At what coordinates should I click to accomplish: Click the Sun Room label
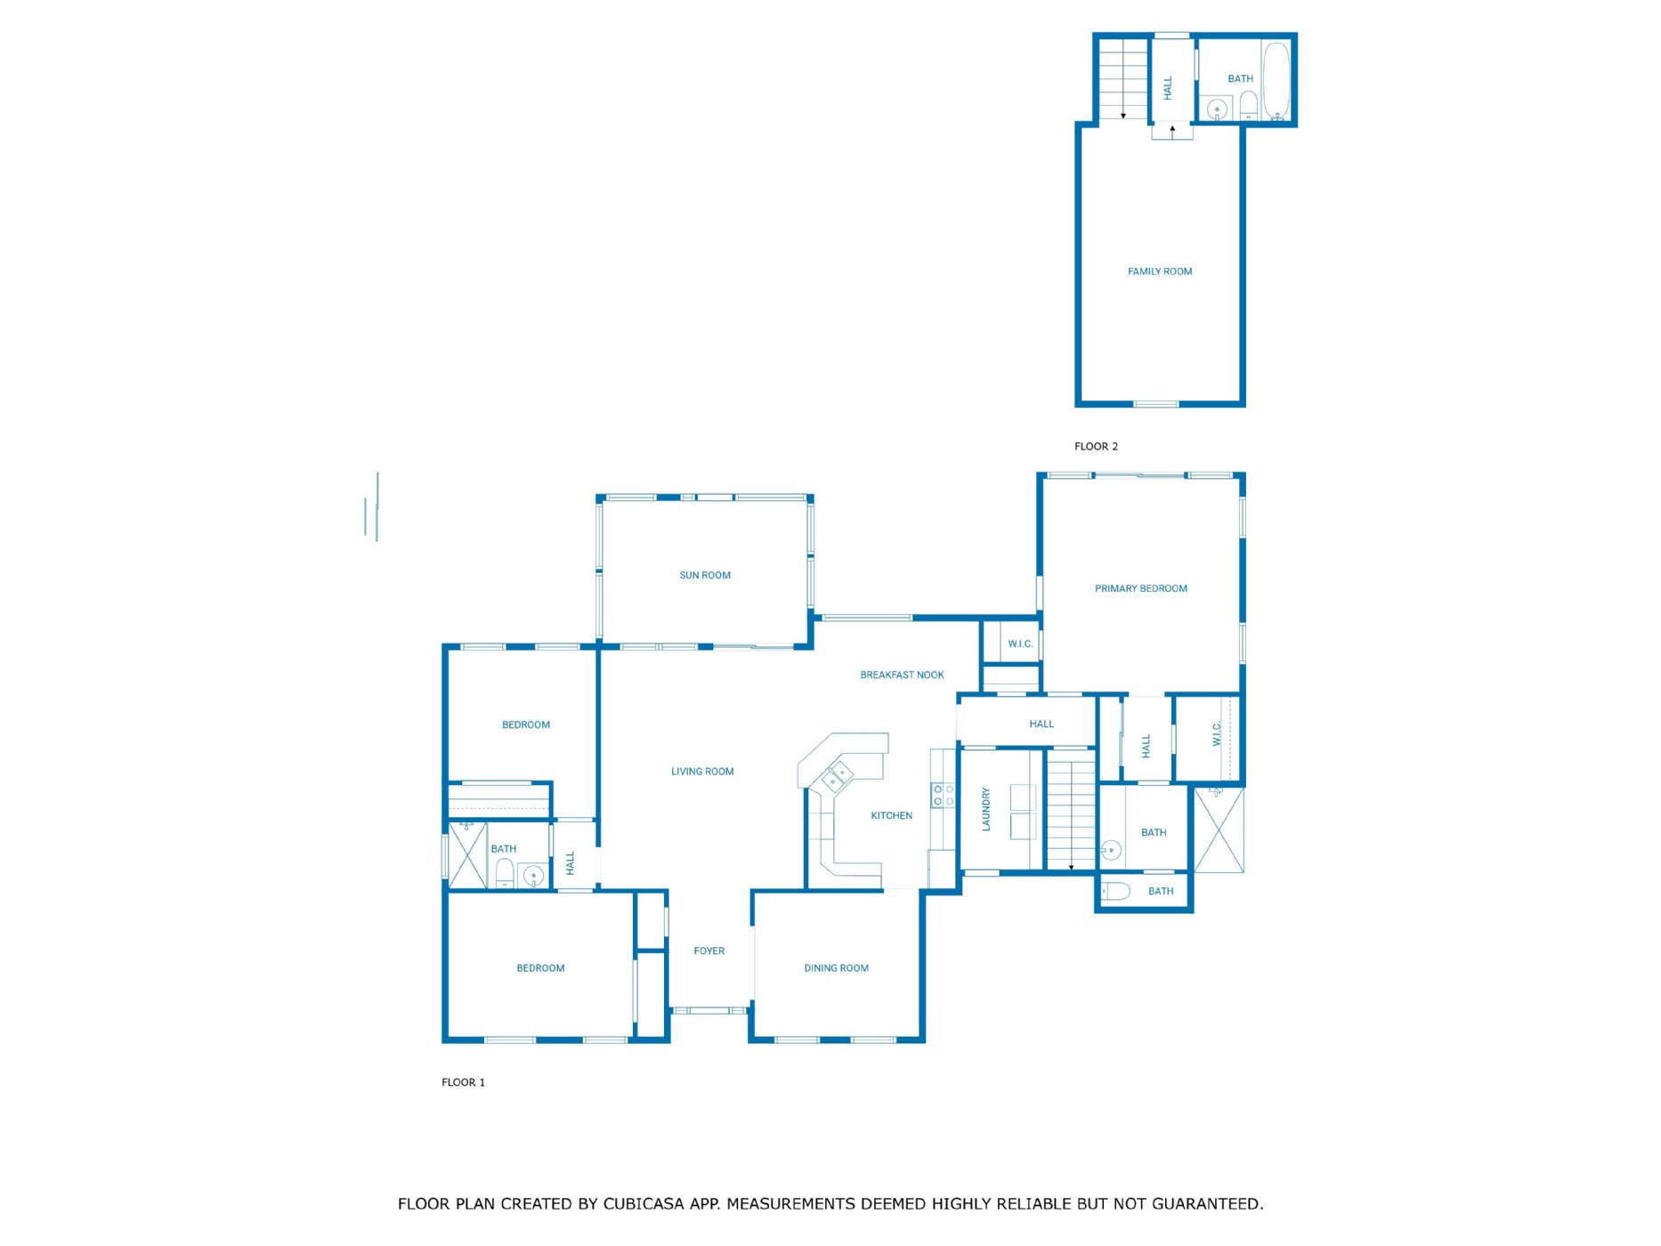point(705,576)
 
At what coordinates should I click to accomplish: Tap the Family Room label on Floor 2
point(1160,271)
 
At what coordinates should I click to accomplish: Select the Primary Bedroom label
point(1141,588)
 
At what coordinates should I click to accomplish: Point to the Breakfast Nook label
point(902,675)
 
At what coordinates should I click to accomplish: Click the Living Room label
point(702,772)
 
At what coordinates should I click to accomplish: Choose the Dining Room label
point(836,968)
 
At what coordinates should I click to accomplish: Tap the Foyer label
point(709,951)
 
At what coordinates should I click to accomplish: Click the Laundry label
point(986,809)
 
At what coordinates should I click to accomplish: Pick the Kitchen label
point(891,815)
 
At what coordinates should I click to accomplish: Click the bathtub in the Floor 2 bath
point(1276,81)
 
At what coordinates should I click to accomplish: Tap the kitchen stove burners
point(943,796)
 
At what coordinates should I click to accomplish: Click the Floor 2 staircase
point(1122,79)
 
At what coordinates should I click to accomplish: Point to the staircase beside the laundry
point(1071,810)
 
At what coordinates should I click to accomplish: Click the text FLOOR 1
point(463,1082)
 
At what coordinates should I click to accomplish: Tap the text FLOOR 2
point(1096,447)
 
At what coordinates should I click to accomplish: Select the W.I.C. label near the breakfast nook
point(1020,643)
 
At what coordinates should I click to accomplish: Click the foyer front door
point(709,1011)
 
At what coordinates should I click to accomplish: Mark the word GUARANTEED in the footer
point(1207,1204)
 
